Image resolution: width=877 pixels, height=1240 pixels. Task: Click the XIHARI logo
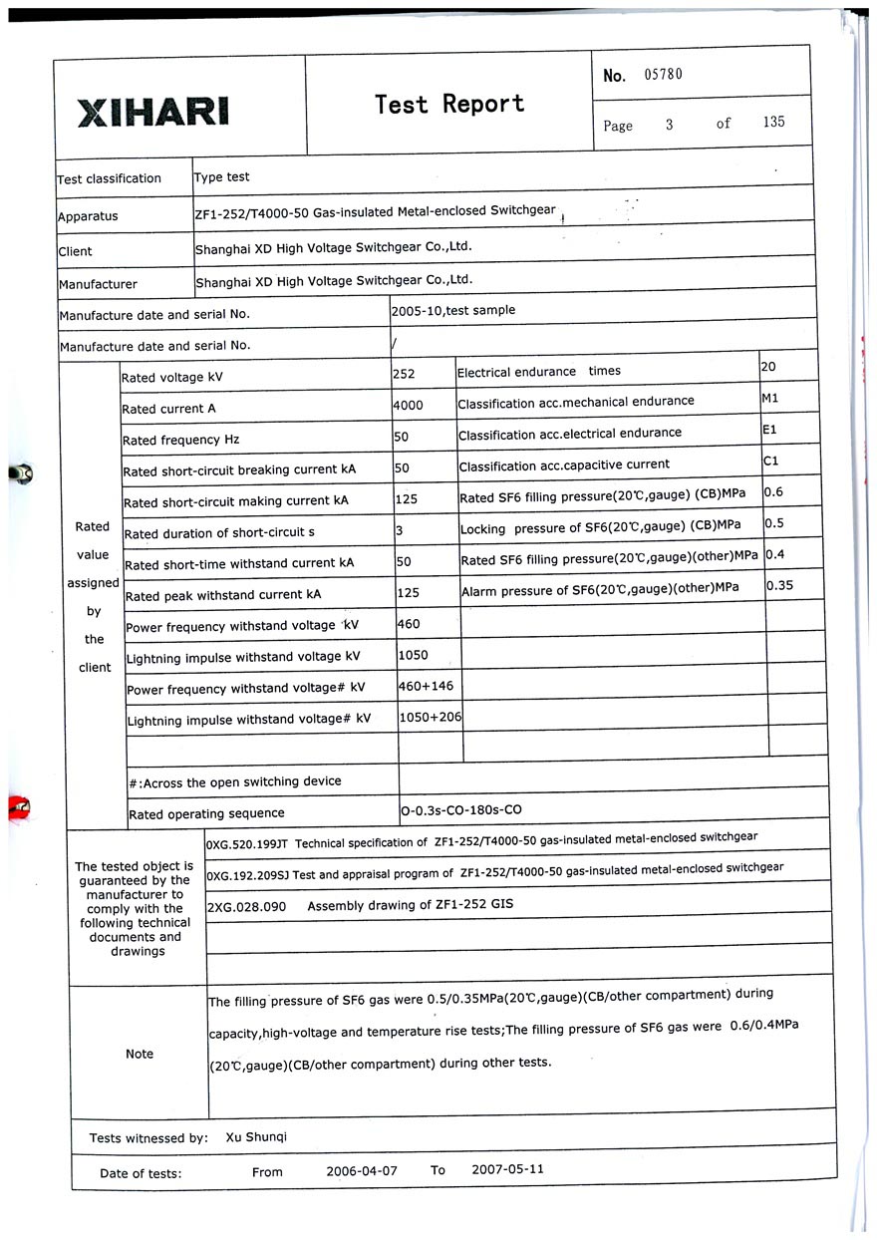(152, 111)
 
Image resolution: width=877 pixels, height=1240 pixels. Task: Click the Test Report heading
(448, 104)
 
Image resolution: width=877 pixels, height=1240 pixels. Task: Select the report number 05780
(663, 75)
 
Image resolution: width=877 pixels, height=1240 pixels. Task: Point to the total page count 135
(773, 122)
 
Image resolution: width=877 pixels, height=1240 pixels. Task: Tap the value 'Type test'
(222, 177)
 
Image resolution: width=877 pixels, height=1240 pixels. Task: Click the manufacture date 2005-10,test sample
(453, 310)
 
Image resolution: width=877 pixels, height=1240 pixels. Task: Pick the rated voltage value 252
(405, 374)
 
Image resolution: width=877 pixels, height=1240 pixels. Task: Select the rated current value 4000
(409, 405)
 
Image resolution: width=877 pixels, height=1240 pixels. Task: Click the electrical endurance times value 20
(768, 367)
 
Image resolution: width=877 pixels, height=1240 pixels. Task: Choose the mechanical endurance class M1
(769, 398)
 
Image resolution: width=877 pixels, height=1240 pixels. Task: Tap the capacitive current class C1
(770, 462)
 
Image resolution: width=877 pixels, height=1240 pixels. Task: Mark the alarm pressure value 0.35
(779, 585)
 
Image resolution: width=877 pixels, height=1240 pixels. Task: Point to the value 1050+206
(430, 717)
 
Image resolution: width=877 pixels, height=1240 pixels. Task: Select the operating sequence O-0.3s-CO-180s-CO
(460, 810)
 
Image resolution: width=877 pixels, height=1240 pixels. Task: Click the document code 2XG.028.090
(246, 907)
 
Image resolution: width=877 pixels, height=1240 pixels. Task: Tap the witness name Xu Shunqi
(256, 1136)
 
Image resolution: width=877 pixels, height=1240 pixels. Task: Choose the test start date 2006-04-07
(361, 1170)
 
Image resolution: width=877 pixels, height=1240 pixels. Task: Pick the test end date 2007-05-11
(507, 1169)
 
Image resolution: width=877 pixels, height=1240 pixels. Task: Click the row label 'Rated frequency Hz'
(180, 440)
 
